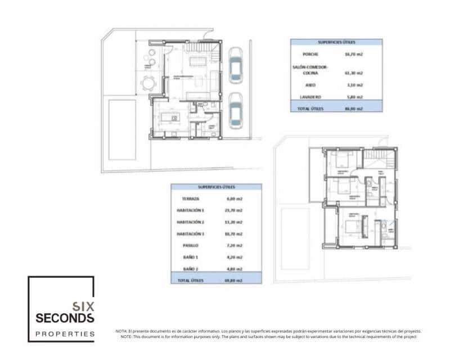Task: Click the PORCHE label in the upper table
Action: (x=310, y=55)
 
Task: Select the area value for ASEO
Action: (x=354, y=85)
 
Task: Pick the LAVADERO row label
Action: (x=310, y=97)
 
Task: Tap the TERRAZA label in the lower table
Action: (x=190, y=199)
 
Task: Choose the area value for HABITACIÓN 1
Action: (x=234, y=210)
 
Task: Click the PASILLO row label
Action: (x=190, y=245)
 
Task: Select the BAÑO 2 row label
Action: (x=190, y=268)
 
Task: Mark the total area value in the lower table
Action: (x=234, y=280)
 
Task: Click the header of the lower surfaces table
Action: (x=216, y=187)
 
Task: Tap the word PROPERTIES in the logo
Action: (x=65, y=334)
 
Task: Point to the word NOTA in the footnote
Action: (x=121, y=331)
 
